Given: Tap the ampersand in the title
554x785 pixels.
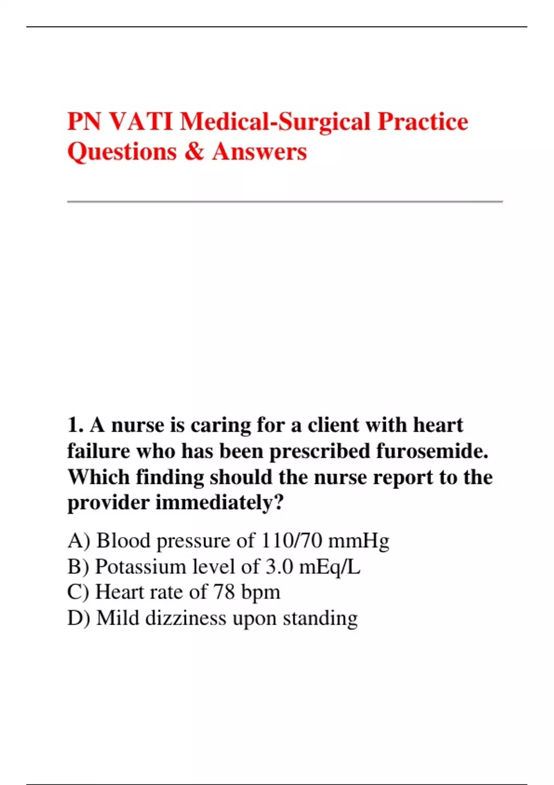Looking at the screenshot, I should (194, 151).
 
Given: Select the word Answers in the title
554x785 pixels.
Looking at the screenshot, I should (259, 151).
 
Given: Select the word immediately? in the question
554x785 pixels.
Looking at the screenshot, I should (219, 503).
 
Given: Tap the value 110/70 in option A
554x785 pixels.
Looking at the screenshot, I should (291, 541).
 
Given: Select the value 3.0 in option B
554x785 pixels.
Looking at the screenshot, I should (279, 567).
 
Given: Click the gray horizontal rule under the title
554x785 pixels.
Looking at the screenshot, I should (285, 202).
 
